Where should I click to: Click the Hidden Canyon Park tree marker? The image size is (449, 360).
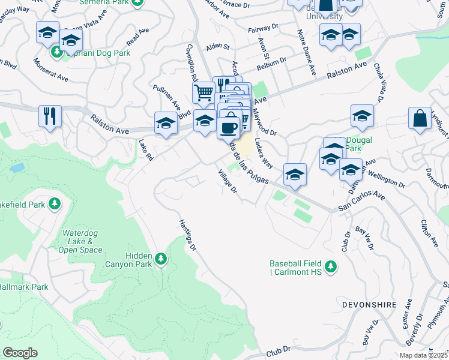click(160, 259)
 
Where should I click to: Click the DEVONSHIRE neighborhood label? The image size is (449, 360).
click(369, 305)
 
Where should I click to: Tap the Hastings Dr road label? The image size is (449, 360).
click(187, 234)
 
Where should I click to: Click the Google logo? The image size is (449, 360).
click(20, 353)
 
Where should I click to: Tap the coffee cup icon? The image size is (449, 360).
click(228, 127)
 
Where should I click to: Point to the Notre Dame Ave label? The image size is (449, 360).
click(306, 52)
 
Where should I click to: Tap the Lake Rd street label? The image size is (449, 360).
click(146, 150)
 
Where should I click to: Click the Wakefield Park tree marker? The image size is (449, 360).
click(55, 205)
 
